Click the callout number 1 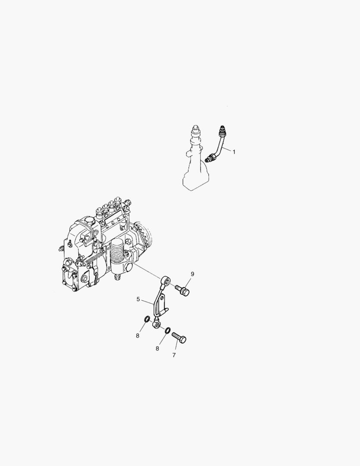pos(234,152)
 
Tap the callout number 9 pos(192,274)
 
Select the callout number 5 pos(138,299)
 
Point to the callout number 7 pos(174,355)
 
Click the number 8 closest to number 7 pos(157,348)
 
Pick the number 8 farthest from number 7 pos(138,336)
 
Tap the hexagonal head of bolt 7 pos(182,340)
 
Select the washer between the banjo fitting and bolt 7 pos(168,330)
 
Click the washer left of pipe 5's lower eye pos(147,320)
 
